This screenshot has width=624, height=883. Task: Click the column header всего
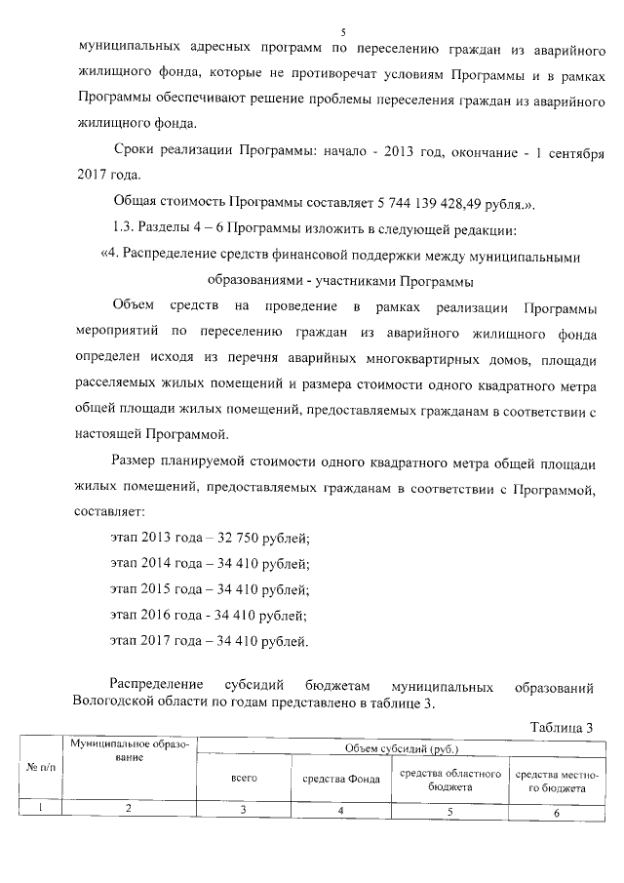(243, 779)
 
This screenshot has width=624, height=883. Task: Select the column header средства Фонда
(340, 779)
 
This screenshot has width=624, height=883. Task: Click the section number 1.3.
(128, 230)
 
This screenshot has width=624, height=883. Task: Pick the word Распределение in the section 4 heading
(174, 257)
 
